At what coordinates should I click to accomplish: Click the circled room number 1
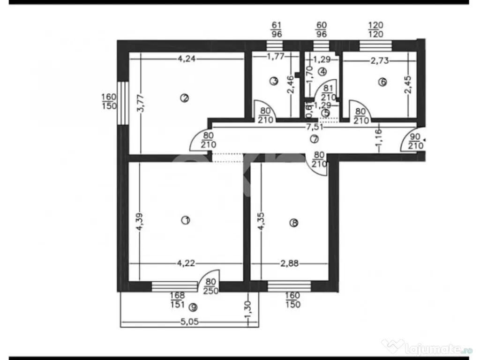186,220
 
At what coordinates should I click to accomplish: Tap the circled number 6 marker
382,82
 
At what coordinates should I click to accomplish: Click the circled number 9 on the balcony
193,307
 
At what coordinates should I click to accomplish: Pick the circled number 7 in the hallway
314,139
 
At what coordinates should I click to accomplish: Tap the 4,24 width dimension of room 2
187,59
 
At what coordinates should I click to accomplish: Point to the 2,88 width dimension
290,263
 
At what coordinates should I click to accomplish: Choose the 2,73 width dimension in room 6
380,61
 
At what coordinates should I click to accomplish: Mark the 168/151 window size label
178,299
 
